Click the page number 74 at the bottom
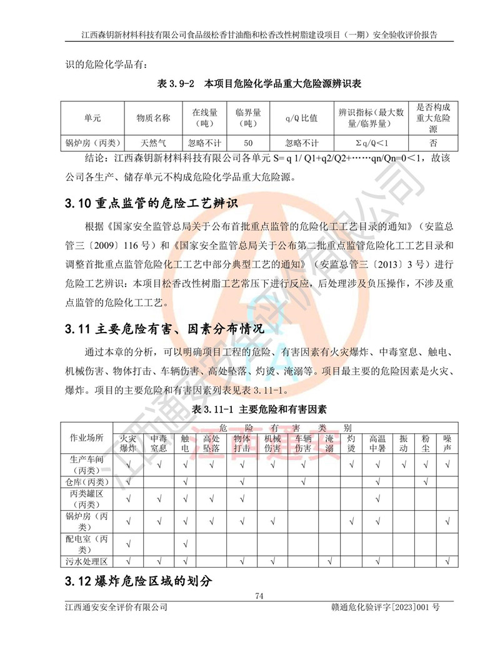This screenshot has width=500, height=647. coord(259,596)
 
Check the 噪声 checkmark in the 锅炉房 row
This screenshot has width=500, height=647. coord(447,521)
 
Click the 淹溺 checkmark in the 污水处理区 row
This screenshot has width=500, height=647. coord(329,561)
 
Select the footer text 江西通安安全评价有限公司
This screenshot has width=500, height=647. coord(116,607)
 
